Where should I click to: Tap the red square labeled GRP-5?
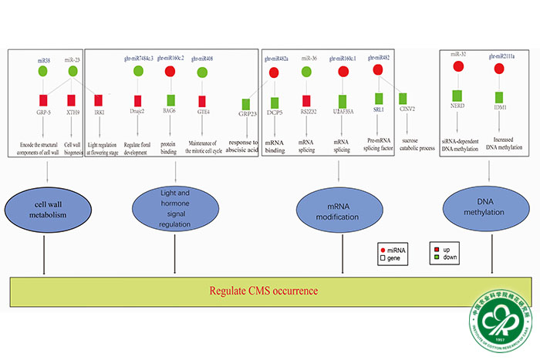pos(43,100)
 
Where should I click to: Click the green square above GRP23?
pos(247,103)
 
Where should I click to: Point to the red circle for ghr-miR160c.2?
pos(170,72)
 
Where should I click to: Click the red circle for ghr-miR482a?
pos(274,73)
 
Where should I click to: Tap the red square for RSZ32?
pos(306,101)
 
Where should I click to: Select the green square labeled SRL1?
pos(379,99)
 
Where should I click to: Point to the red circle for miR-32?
pos(457,66)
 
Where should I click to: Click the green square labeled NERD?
pos(457,98)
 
